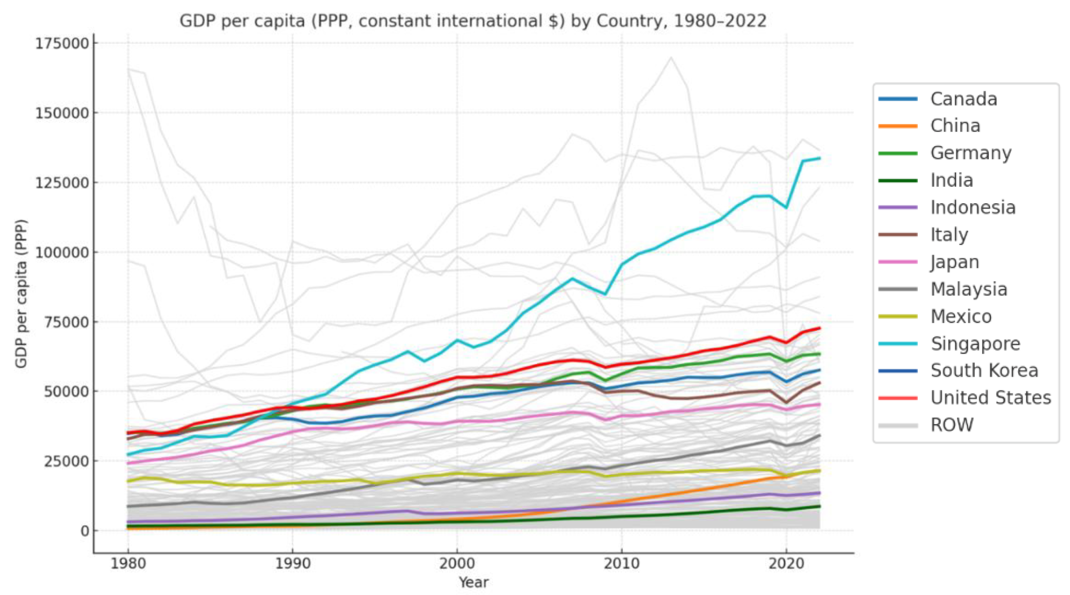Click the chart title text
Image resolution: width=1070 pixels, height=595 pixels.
[x=473, y=21]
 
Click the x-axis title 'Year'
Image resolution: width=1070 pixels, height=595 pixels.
[x=473, y=582]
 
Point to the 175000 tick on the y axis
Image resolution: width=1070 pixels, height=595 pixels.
[x=62, y=43]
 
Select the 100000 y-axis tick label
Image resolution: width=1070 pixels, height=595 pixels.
[x=62, y=252]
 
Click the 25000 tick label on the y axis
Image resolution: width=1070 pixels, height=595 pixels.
[x=66, y=461]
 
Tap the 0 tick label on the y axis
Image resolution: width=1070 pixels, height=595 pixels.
[x=85, y=531]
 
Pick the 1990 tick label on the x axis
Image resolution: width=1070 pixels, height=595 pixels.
[x=292, y=564]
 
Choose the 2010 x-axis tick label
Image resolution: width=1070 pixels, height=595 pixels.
[x=622, y=564]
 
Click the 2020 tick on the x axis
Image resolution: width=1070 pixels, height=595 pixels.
[x=786, y=564]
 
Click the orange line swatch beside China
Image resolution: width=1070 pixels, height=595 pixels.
[x=898, y=126]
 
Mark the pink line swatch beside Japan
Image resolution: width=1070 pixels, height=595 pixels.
[x=898, y=262]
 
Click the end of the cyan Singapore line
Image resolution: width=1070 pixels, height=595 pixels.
[x=820, y=158]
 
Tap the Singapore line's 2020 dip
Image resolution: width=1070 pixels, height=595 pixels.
[x=786, y=207]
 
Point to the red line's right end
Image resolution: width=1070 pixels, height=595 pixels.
[x=820, y=328]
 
